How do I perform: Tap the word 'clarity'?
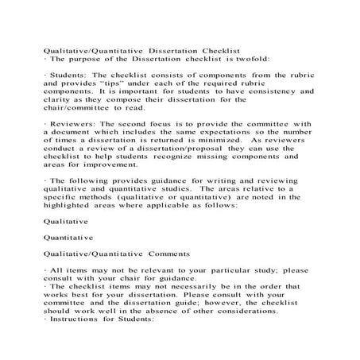(61, 100)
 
